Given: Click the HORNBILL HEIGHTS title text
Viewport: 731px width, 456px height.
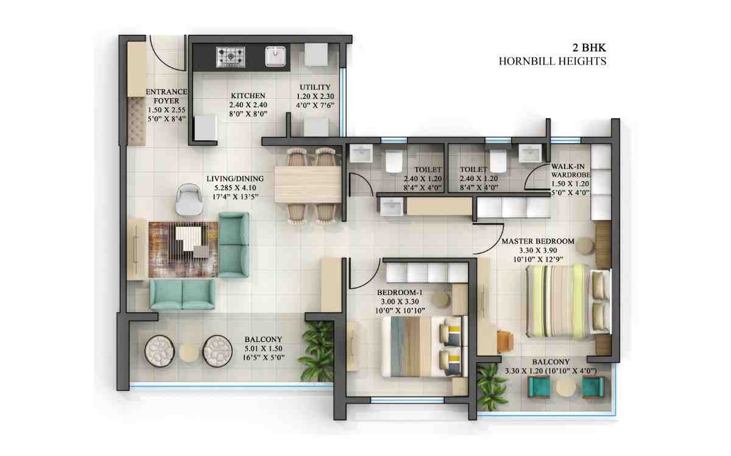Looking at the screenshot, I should (553, 61).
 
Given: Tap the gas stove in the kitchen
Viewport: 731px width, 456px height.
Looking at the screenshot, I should (231, 57).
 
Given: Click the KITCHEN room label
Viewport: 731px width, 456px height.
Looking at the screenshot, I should (248, 96).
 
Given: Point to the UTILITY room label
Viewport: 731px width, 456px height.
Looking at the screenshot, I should (315, 87).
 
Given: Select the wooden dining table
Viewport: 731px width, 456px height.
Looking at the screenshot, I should (308, 184).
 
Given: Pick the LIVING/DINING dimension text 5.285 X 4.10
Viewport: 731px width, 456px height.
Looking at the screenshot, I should (235, 188).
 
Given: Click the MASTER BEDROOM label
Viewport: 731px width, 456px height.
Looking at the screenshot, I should (537, 241).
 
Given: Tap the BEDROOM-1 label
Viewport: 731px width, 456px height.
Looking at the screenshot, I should (400, 292).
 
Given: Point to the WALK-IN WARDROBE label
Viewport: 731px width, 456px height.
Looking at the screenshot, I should (570, 171).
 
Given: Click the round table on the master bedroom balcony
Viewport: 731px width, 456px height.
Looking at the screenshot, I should (566, 387).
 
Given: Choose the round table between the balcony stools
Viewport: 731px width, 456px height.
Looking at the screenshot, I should (189, 351).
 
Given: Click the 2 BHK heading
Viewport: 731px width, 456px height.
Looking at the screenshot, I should (588, 47).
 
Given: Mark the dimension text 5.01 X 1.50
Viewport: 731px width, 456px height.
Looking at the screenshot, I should (263, 349).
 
